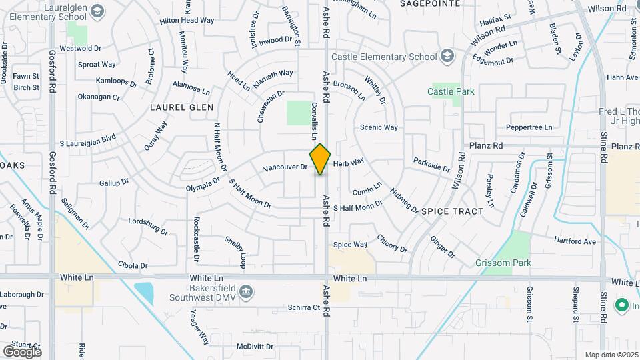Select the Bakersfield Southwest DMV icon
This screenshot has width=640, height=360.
[246, 291]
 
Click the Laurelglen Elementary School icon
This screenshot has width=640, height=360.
[98, 11]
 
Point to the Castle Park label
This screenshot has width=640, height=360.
[451, 91]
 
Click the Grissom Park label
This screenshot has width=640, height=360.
[503, 263]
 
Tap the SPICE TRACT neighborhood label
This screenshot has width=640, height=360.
[452, 211]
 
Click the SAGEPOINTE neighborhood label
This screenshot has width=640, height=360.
[430, 3]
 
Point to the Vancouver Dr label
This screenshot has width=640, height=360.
[285, 167]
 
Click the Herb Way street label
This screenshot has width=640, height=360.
[348, 162]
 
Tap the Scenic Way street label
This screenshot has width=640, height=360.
[379, 127]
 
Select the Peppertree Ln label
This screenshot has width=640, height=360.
[529, 127]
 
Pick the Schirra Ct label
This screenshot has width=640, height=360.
[304, 307]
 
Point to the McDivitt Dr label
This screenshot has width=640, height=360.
[255, 347]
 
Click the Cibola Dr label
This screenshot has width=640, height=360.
[133, 265]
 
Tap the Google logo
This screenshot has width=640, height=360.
[22, 351]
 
